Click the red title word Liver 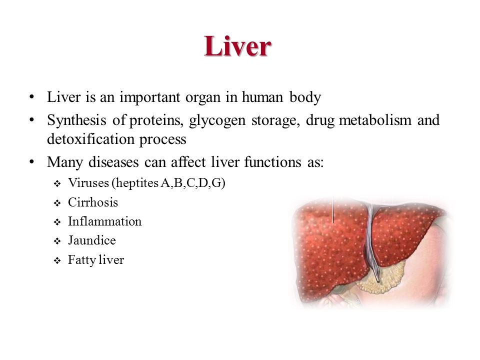point(237,46)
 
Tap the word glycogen point(217,120)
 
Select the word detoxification point(90,139)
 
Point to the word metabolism point(375,119)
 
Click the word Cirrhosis point(93,202)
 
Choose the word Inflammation point(104,221)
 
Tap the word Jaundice point(92,240)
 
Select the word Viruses point(88,183)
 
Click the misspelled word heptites point(135,183)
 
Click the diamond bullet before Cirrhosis point(57,203)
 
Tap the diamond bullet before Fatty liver point(57,261)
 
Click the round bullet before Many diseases point(31,161)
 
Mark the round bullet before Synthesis point(31,119)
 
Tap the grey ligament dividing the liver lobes point(370,239)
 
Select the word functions point(273,162)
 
